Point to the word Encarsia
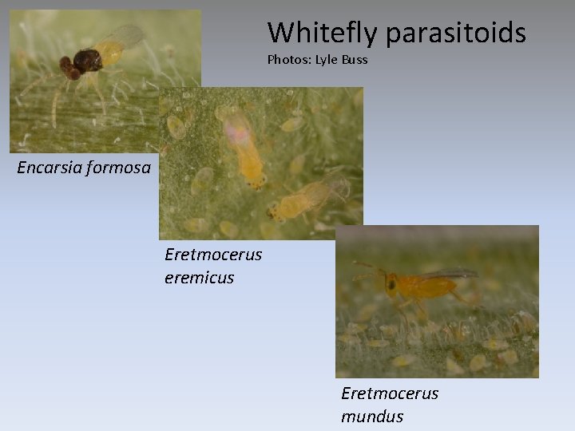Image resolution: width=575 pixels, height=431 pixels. point(50,168)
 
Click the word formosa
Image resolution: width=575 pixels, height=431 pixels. point(119,168)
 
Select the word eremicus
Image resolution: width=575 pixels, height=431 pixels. point(199,278)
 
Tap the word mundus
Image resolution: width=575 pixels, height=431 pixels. point(372,416)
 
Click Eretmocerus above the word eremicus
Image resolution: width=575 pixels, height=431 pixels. point(213,255)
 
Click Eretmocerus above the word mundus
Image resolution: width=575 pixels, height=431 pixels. point(390,393)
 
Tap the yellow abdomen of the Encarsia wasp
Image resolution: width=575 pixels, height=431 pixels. point(110,53)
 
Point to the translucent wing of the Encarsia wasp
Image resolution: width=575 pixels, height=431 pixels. point(125,36)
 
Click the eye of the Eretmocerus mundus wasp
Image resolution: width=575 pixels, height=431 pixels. point(391,283)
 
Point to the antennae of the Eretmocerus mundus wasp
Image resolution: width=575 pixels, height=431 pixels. point(367,270)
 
